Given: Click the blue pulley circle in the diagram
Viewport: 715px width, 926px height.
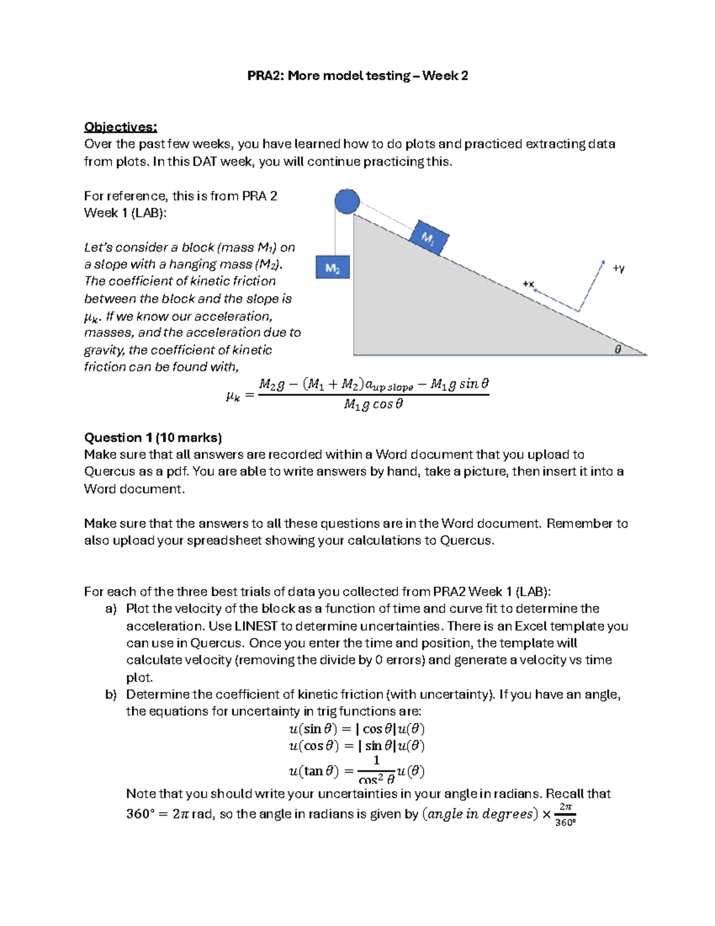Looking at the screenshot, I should coord(347,202).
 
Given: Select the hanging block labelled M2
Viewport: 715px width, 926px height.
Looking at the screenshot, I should coord(332,268).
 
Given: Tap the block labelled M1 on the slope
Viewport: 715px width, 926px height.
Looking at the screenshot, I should coord(430,238).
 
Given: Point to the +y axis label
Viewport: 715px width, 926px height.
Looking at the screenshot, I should coord(618,268).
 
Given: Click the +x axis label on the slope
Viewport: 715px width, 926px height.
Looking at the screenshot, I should coord(528,284).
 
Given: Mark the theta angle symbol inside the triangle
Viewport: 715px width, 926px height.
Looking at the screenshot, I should coord(618,350).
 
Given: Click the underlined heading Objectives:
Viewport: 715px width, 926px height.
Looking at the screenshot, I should coord(120,127).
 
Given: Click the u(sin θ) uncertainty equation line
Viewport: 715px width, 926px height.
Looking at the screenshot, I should coord(356,729).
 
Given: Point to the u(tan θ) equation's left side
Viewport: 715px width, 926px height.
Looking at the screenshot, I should coord(313,771).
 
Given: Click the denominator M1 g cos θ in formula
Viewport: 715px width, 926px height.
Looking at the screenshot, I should coord(374,404).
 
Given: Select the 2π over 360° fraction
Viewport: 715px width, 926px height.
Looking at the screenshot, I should coord(565,814).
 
